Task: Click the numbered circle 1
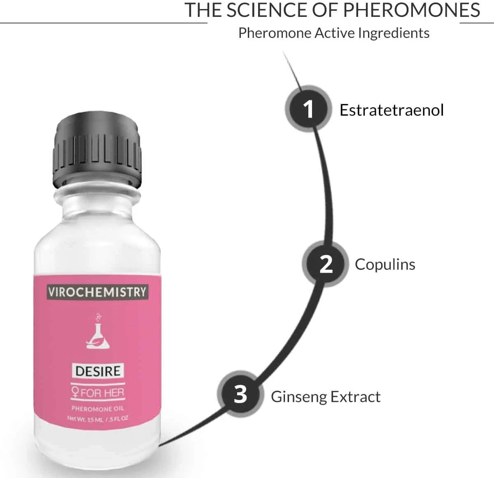(308, 109)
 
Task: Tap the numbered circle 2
(326, 264)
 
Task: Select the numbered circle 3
(240, 394)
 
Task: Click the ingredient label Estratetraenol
(391, 110)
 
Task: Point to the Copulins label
(385, 265)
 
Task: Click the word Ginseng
(298, 397)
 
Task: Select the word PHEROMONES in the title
(412, 10)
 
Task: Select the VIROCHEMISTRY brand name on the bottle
(98, 292)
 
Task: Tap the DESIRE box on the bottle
(98, 371)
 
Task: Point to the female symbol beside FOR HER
(75, 392)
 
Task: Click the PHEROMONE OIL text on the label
(98, 408)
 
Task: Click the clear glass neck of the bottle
(97, 203)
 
